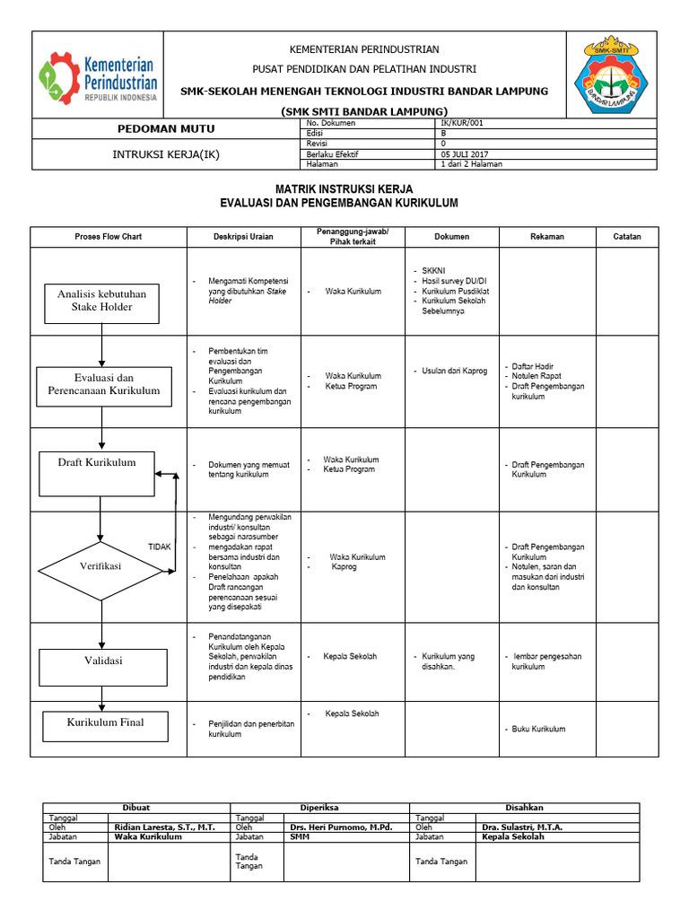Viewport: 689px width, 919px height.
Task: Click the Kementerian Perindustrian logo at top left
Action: (x=97, y=75)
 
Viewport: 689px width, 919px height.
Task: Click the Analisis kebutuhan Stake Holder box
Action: (x=101, y=301)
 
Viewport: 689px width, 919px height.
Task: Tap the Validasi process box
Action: (x=102, y=661)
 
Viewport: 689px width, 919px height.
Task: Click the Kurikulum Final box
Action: (x=105, y=723)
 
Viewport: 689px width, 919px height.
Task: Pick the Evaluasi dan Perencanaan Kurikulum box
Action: (x=103, y=385)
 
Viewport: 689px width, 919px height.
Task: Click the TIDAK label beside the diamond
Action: (x=159, y=546)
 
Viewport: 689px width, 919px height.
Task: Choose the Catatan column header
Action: (x=627, y=237)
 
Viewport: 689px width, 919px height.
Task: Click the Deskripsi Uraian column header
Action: (x=243, y=237)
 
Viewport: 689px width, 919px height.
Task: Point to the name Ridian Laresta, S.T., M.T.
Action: (x=165, y=827)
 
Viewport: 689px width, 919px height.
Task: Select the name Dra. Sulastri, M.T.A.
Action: (x=522, y=827)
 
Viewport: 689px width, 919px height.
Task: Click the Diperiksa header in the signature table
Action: (x=319, y=808)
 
